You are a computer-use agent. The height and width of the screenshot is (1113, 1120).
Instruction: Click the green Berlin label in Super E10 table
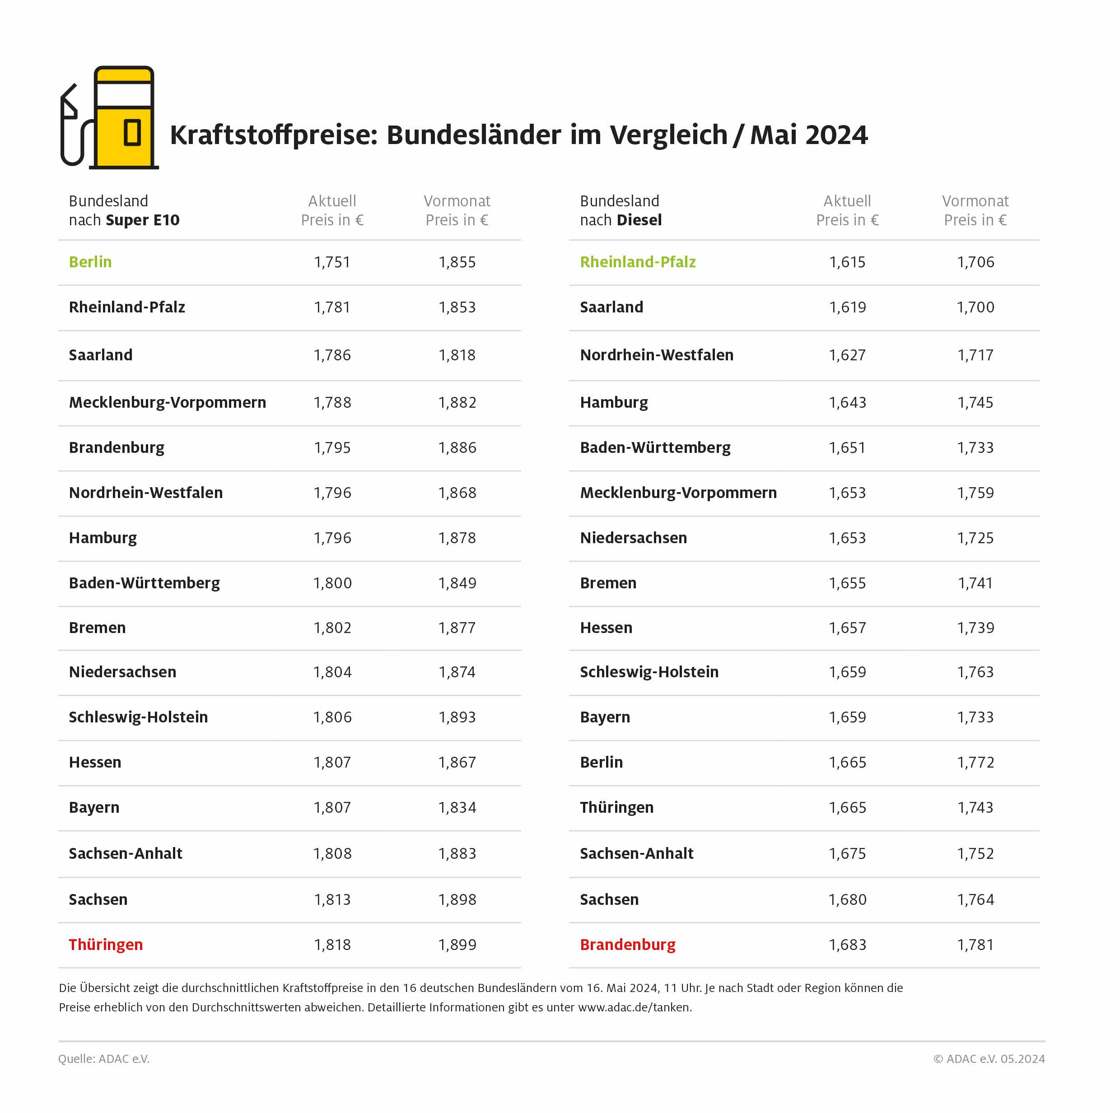pyautogui.click(x=90, y=262)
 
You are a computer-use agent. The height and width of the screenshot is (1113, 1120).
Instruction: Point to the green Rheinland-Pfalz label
pyautogui.click(x=638, y=262)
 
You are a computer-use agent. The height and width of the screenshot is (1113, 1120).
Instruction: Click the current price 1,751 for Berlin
pyautogui.click(x=332, y=262)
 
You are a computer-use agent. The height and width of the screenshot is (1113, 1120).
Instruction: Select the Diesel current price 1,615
pyautogui.click(x=847, y=262)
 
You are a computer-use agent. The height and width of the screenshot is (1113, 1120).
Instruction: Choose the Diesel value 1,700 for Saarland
pyautogui.click(x=975, y=307)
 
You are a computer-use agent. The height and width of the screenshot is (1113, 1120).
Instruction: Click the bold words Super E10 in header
pyautogui.click(x=143, y=220)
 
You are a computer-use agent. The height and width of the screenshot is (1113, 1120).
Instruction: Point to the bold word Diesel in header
pyautogui.click(x=639, y=220)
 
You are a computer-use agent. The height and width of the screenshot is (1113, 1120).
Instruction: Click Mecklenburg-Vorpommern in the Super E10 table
pyautogui.click(x=168, y=402)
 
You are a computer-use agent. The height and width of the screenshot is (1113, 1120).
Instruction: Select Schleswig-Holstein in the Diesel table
pyautogui.click(x=649, y=672)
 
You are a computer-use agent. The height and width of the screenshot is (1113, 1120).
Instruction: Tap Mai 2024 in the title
pyautogui.click(x=809, y=135)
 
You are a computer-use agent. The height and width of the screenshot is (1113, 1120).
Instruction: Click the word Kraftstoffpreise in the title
pyautogui.click(x=274, y=135)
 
